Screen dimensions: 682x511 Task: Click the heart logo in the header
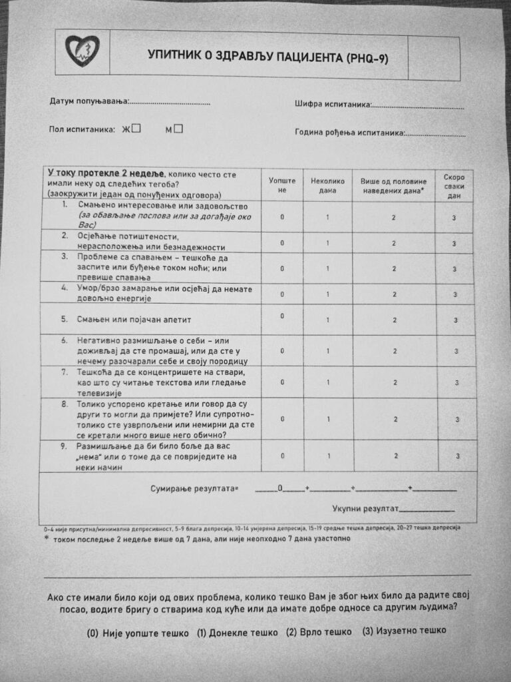pos(83,51)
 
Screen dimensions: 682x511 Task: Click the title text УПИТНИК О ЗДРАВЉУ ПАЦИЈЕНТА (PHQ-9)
pos(267,57)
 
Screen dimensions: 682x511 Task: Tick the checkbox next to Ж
pos(136,129)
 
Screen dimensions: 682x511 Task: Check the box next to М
pos(178,129)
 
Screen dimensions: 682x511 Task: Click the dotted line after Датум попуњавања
pos(170,103)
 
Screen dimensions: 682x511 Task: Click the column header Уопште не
pos(282,185)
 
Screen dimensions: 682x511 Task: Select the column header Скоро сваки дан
pos(454,186)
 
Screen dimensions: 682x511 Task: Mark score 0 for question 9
pos(282,456)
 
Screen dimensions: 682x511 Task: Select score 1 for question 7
pos(328,382)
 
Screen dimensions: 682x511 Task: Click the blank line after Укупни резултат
pos(426,510)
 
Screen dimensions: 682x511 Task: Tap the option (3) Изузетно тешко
pos(404,630)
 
